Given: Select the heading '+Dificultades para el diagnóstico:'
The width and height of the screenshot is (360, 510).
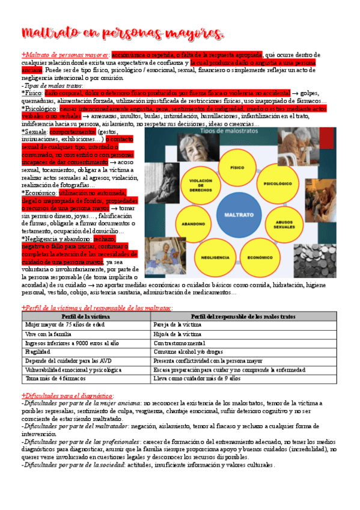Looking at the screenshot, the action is [67, 395].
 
